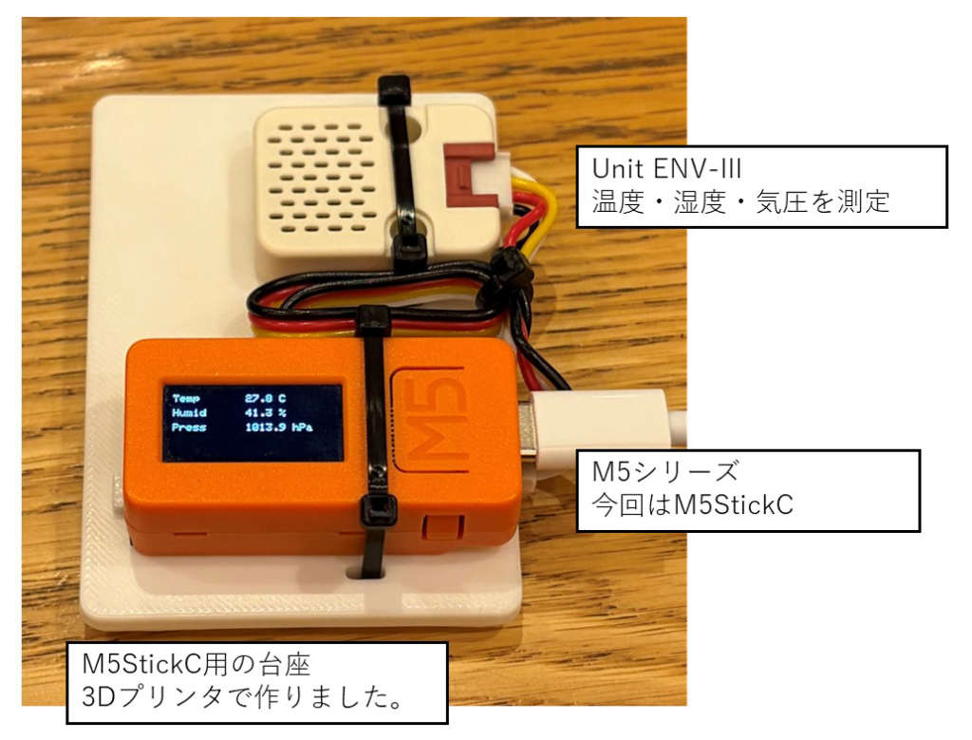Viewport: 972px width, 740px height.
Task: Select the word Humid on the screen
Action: (189, 413)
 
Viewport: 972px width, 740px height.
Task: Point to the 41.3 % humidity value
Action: (266, 413)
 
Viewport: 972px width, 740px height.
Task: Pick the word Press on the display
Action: (189, 428)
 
